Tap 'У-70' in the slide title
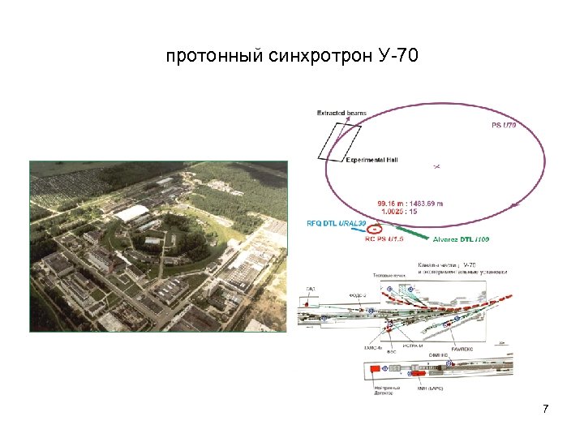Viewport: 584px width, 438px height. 398,58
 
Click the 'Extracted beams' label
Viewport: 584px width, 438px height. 341,113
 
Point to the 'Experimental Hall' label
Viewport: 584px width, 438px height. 372,160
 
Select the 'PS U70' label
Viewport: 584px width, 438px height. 504,126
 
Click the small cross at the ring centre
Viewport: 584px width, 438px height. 436,165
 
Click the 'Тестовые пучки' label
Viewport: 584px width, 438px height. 389,277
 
